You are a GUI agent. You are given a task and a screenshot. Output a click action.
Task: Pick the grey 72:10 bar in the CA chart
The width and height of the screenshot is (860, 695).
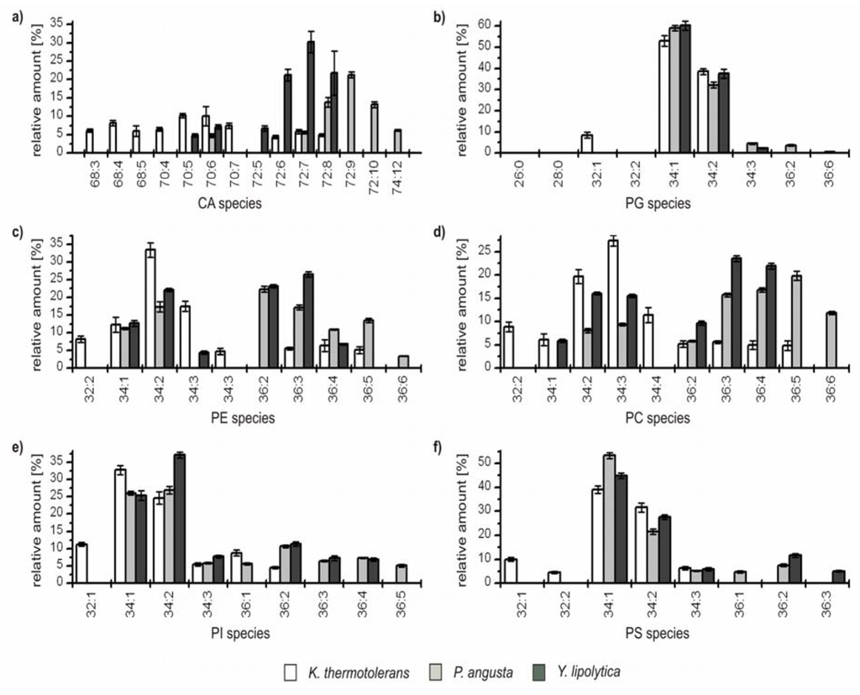click(x=375, y=128)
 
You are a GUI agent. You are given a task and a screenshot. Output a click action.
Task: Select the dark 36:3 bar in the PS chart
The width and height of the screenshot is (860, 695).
click(x=838, y=577)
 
